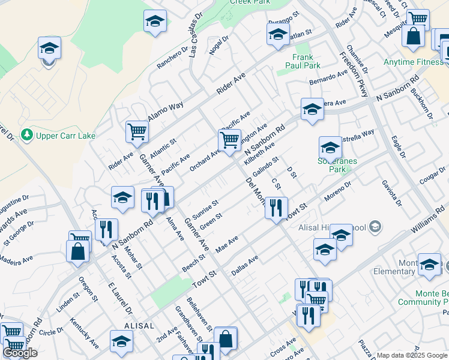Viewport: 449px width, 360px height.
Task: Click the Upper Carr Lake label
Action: pyautogui.click(x=65, y=136)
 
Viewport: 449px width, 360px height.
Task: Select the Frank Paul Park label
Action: pyautogui.click(x=303, y=61)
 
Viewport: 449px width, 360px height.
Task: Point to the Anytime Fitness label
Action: pyautogui.click(x=414, y=61)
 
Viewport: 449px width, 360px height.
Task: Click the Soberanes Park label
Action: pyautogui.click(x=333, y=166)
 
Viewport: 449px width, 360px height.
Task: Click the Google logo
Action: pyautogui.click(x=20, y=353)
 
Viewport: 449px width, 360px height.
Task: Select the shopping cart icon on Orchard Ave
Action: pyautogui.click(x=229, y=141)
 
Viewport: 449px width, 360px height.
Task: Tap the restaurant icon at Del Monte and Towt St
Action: pyautogui.click(x=276, y=208)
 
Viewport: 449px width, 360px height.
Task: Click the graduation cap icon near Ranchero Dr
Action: pyautogui.click(x=155, y=22)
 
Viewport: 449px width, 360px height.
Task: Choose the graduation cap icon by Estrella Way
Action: pyautogui.click(x=330, y=147)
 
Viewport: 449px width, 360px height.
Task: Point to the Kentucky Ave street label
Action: pyautogui.click(x=83, y=335)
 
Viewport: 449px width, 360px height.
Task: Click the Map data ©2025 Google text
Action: pyautogui.click(x=412, y=355)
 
